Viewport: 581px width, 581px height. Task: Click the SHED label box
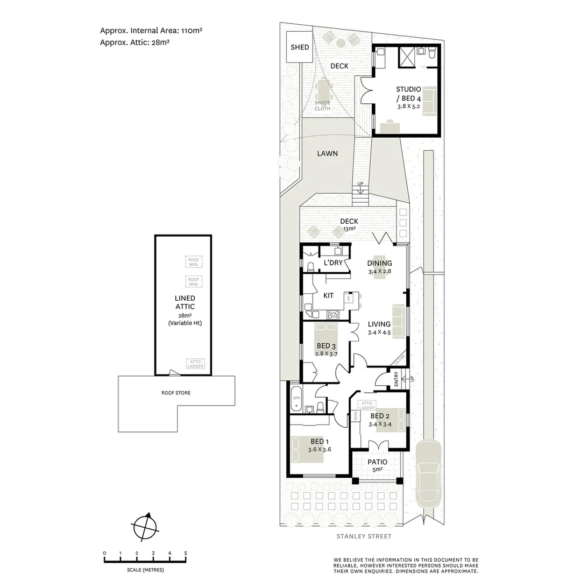tap(300, 47)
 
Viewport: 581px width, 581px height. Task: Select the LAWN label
tap(327, 153)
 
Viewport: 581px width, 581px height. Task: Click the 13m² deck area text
tap(349, 229)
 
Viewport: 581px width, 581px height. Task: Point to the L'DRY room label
tap(333, 263)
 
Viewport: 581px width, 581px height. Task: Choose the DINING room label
tap(379, 263)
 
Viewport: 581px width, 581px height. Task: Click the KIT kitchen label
tap(328, 295)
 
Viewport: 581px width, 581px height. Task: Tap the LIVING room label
tap(379, 324)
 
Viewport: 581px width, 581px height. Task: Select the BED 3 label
tap(326, 345)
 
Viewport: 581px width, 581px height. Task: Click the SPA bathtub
tap(296, 401)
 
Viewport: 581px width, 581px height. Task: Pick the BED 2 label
tap(380, 416)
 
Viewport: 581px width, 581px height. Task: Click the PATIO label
tap(377, 462)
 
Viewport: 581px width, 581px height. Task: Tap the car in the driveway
tap(429, 472)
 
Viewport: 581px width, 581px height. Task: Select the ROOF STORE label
tap(176, 393)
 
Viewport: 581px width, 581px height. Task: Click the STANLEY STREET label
tap(363, 536)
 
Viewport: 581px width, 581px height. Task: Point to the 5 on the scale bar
tap(186, 553)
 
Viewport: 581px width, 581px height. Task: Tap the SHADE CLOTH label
tap(322, 105)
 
